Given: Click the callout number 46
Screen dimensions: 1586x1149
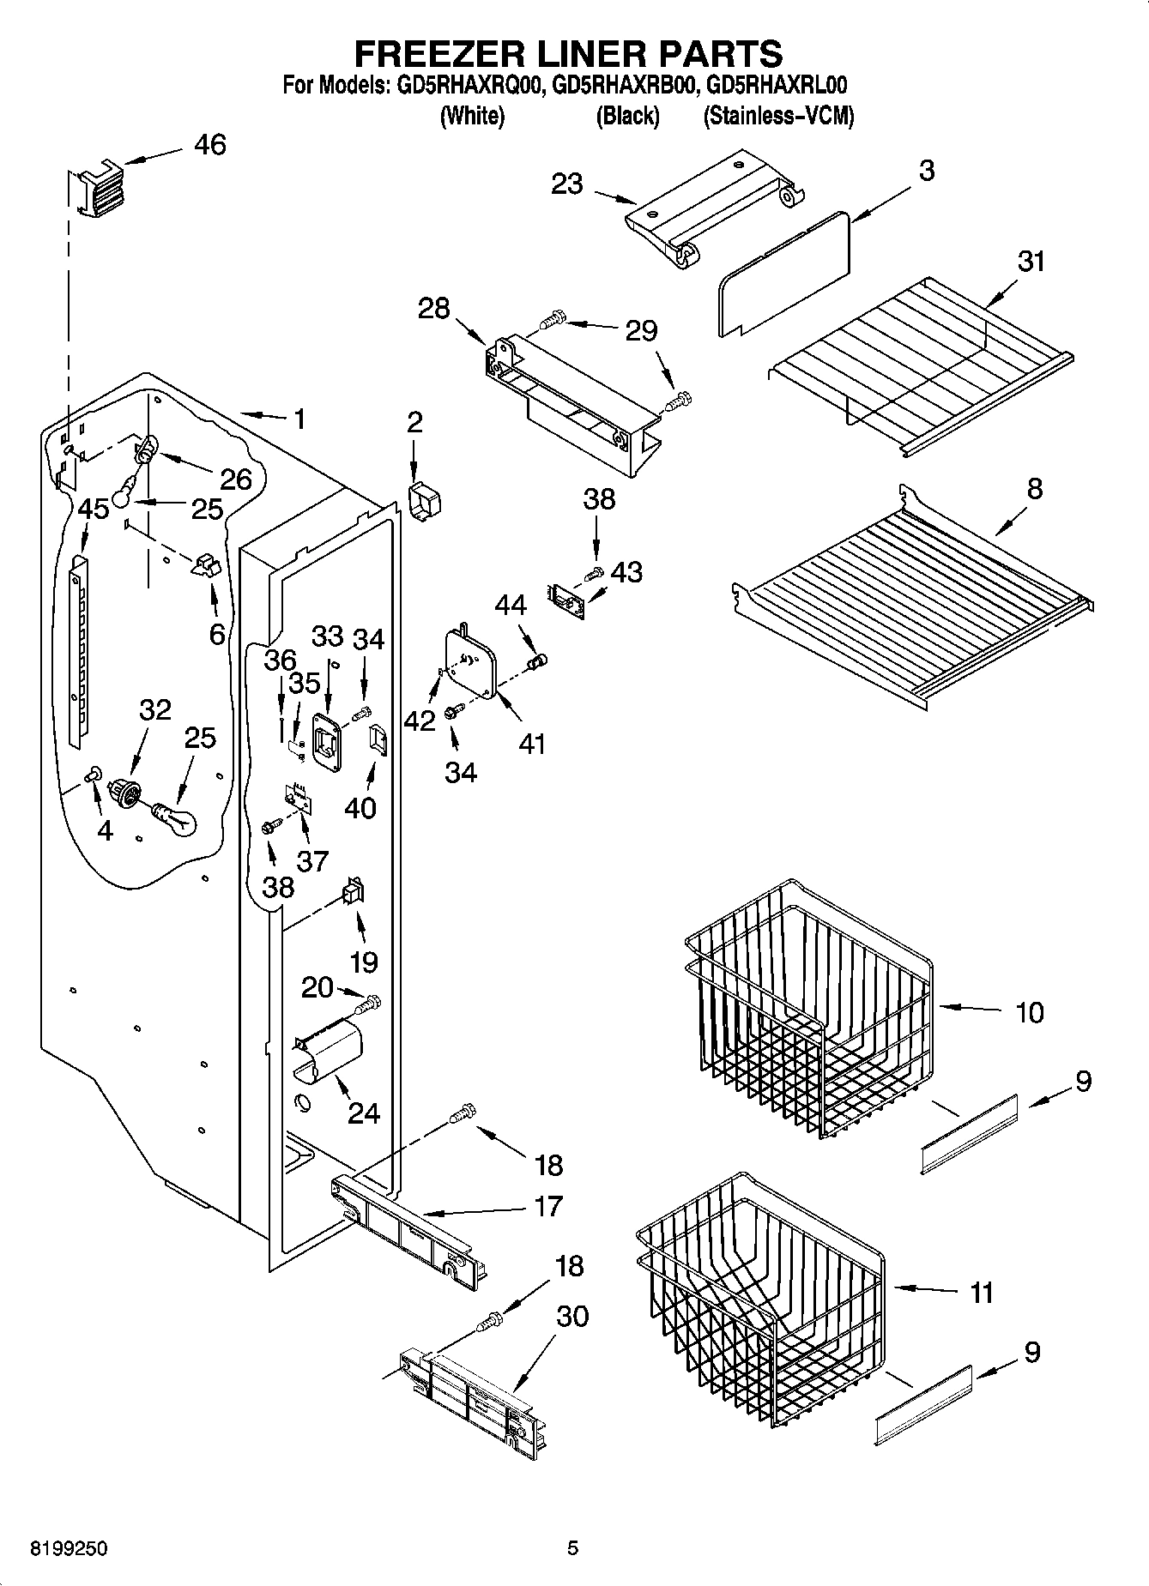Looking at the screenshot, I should tap(209, 145).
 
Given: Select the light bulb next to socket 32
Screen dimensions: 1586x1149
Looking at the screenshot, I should tap(177, 817).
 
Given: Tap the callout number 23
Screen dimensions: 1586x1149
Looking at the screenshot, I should tap(567, 184).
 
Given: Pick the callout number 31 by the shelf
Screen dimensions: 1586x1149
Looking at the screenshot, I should tap(1031, 261).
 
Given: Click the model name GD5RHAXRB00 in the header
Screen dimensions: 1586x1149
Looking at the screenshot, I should tap(627, 85).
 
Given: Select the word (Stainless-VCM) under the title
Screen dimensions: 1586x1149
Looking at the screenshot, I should tap(778, 116).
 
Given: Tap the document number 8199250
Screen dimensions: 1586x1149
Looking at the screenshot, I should tap(69, 1549).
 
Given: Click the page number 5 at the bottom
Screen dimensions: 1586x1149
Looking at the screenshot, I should tap(572, 1549).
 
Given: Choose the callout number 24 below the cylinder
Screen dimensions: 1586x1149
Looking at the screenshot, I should tap(364, 1113).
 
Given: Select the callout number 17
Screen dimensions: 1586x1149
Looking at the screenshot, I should tap(547, 1205).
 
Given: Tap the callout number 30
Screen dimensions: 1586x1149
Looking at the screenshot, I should tap(572, 1315).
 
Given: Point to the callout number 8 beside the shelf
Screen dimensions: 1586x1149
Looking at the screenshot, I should tap(1035, 489).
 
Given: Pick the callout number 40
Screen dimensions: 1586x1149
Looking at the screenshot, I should tap(360, 808).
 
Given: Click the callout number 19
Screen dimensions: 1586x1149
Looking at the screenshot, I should tap(364, 962).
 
